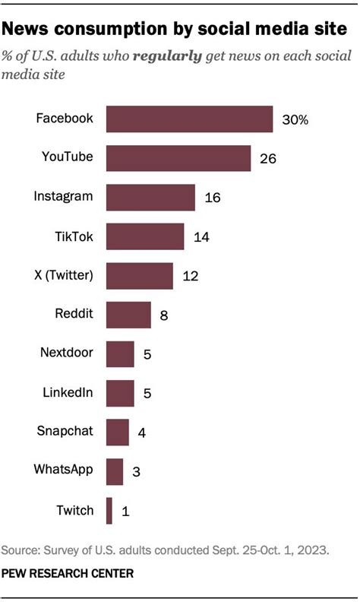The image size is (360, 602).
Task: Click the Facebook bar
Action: point(189,119)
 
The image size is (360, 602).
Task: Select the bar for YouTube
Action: point(178,158)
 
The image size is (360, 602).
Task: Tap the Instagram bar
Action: point(150,198)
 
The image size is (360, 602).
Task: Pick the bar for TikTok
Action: point(145,236)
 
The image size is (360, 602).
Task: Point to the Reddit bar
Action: point(128,314)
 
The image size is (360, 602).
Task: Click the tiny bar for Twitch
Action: point(109,511)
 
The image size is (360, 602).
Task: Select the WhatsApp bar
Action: point(115,471)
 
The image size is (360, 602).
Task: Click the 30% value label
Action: point(295,120)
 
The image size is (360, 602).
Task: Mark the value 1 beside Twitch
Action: point(125,512)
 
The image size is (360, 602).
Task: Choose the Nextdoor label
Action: point(67,353)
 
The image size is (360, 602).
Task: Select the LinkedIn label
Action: point(68,392)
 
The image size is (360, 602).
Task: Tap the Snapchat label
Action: point(65,432)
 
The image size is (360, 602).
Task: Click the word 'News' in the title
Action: point(29,29)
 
